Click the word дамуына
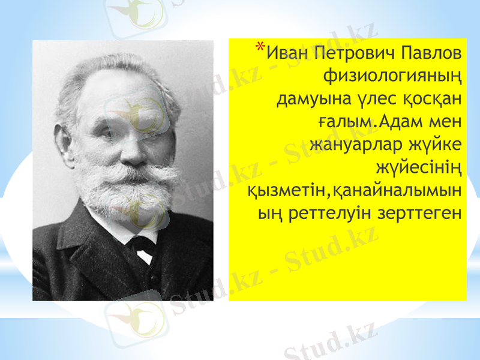point(307,98)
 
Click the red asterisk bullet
point(259,47)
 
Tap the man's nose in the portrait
point(130,155)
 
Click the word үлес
point(365,98)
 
